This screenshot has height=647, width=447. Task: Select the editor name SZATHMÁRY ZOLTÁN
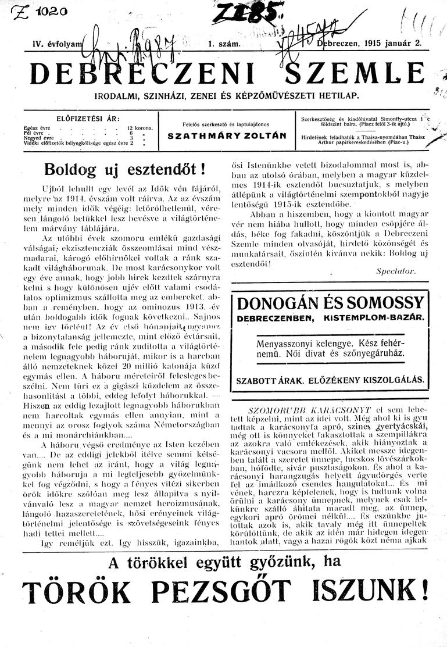coord(227,135)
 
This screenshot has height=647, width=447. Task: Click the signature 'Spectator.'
coord(396,271)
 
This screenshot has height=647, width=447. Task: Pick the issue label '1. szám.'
coord(224,44)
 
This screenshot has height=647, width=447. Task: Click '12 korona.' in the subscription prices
coord(140,127)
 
